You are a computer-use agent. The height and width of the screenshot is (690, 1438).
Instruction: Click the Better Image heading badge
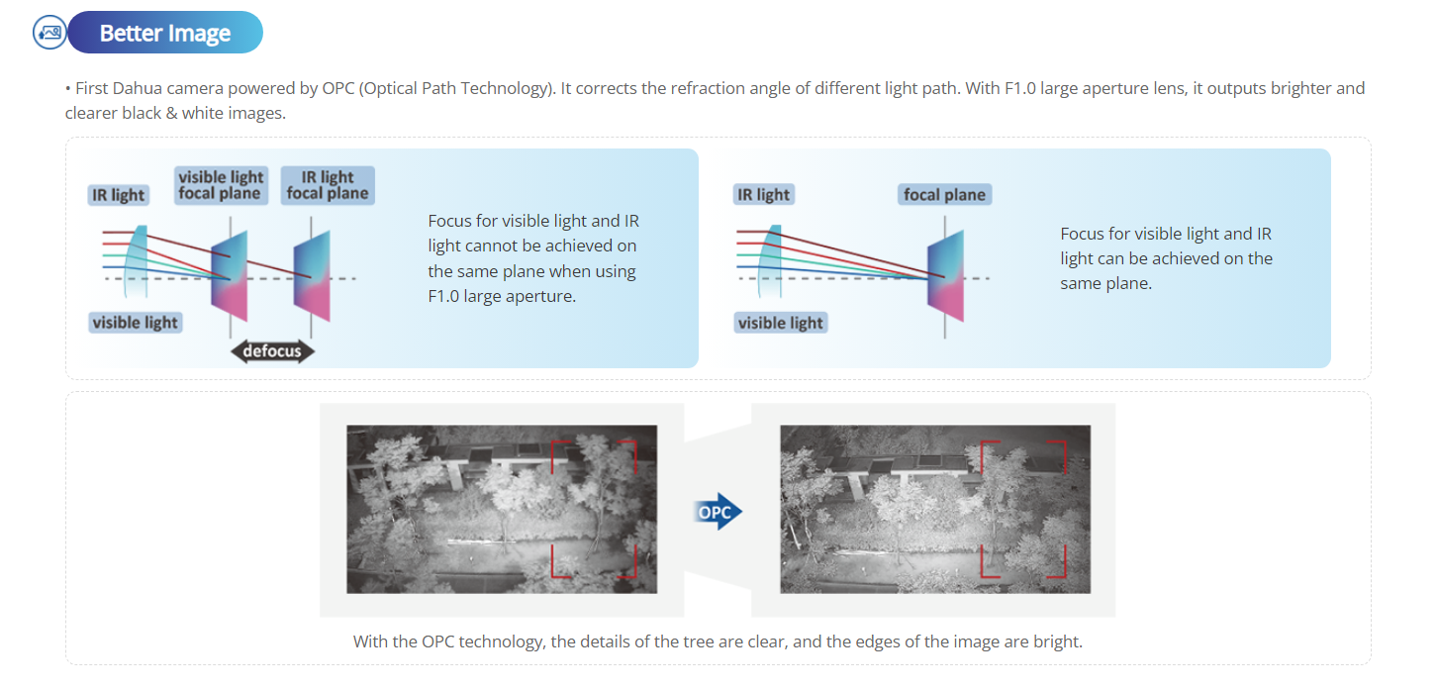tap(164, 33)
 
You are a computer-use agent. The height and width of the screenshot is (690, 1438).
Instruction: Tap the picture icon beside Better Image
tap(49, 33)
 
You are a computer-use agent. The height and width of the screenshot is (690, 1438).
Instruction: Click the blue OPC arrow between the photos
tap(719, 512)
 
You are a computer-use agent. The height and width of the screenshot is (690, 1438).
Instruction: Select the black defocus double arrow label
tap(272, 351)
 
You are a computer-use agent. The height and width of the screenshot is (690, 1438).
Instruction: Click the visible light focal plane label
tap(221, 185)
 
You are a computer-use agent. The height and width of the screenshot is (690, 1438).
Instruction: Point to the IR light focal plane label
tap(328, 185)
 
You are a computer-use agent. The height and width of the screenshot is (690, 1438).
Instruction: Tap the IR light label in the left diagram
tap(119, 195)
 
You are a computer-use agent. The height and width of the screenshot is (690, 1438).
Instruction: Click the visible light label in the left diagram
tap(136, 323)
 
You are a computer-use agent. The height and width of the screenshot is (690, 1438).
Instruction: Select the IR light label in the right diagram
tap(764, 195)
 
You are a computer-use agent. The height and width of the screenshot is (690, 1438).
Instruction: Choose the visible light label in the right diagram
tap(781, 323)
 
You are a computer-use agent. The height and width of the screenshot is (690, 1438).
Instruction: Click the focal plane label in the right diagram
tap(944, 195)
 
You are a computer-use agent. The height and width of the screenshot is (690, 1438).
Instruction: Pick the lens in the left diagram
tap(138, 256)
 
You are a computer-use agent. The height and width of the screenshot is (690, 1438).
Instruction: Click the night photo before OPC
tap(502, 509)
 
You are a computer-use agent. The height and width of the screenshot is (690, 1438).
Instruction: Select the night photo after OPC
tap(935, 509)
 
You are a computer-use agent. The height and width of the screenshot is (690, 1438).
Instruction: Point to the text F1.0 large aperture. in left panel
tap(502, 295)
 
